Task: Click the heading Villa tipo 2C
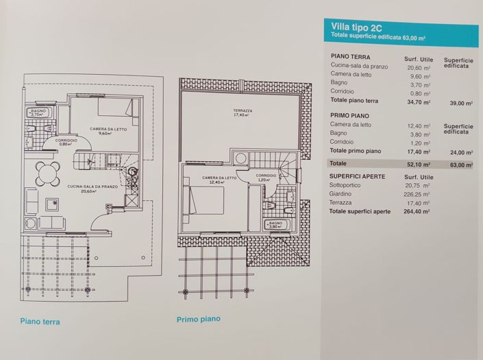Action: click(356, 28)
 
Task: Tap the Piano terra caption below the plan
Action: click(40, 322)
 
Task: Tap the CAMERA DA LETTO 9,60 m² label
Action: click(105, 130)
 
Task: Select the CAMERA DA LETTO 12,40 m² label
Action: click(219, 179)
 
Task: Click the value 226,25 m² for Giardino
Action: click(417, 194)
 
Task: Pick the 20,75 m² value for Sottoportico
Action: click(417, 186)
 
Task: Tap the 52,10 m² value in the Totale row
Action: click(417, 165)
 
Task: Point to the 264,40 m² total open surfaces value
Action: click(417, 212)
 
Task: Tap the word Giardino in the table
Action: click(343, 194)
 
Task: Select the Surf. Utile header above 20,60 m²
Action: click(419, 60)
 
